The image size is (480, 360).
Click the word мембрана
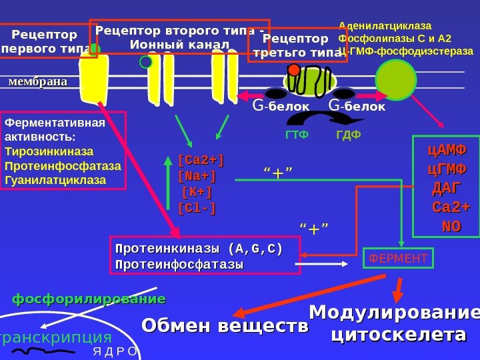click(x=38, y=82)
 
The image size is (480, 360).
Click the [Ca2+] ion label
click(x=201, y=161)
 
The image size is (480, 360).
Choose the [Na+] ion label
click(x=197, y=177)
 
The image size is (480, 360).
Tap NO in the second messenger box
click(x=451, y=226)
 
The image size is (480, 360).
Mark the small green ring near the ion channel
click(x=146, y=62)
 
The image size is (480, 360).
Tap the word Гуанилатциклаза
click(x=55, y=179)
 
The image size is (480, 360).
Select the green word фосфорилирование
click(x=89, y=298)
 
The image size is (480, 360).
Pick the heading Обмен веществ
click(x=225, y=326)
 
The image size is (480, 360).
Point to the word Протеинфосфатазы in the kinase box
click(x=179, y=265)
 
